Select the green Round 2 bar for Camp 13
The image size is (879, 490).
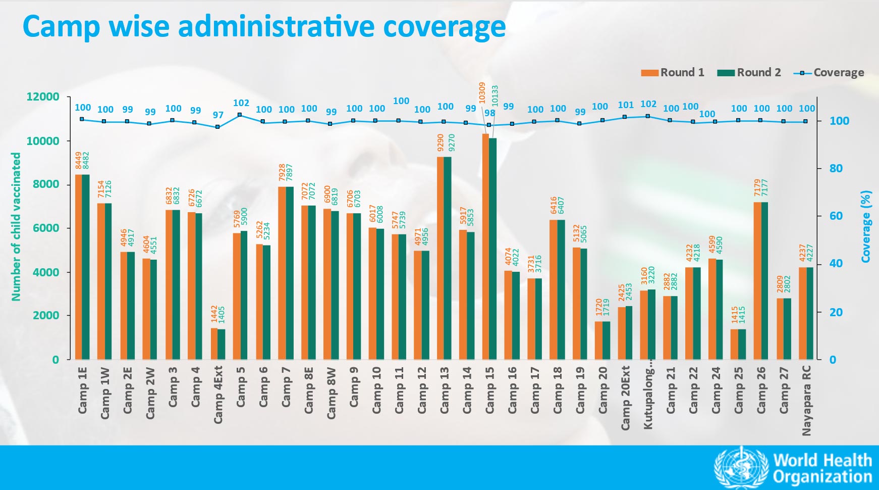click(x=448, y=258)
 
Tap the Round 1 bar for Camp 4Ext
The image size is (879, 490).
click(x=214, y=344)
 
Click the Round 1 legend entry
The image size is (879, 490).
click(x=672, y=73)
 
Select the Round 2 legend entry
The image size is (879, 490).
click(x=749, y=73)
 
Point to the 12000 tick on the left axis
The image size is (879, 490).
click(x=42, y=96)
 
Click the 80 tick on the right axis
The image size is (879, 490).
click(x=836, y=168)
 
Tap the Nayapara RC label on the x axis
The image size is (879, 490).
click(x=806, y=400)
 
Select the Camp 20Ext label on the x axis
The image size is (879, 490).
click(x=626, y=398)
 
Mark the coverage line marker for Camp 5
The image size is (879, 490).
click(x=240, y=115)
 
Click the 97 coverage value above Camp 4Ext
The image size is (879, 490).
click(x=218, y=115)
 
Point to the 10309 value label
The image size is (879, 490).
click(x=482, y=93)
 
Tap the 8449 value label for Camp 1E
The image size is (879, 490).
click(x=79, y=161)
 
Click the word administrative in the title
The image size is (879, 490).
click(x=276, y=26)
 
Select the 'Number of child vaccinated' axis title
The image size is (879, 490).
click(x=16, y=227)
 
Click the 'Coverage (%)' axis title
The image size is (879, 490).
click(x=866, y=226)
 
